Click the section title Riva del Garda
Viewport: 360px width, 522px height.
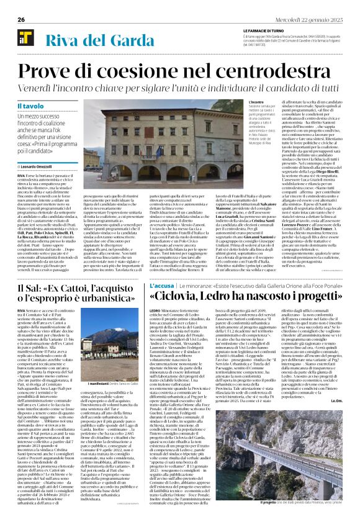(x=93, y=42)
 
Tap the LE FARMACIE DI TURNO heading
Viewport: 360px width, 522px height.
(x=266, y=30)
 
